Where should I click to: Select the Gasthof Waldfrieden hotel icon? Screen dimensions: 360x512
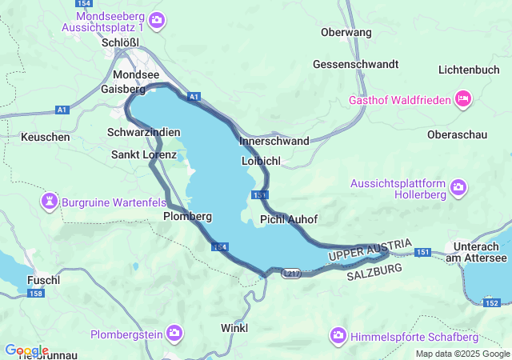coord(462,99)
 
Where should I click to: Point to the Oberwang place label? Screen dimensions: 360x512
coord(346,32)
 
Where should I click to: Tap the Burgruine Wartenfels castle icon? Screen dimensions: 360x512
coord(50,200)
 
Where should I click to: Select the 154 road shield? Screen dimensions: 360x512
coord(221,247)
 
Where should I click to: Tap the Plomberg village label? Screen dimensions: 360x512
coord(187,216)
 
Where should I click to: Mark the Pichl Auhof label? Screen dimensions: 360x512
coord(289,219)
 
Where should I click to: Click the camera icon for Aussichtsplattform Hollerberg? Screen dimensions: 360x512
coord(458,187)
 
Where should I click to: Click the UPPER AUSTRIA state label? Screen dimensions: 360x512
coord(370,250)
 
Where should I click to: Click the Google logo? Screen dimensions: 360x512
coord(26,350)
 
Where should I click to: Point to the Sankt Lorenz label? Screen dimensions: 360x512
coord(144,154)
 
